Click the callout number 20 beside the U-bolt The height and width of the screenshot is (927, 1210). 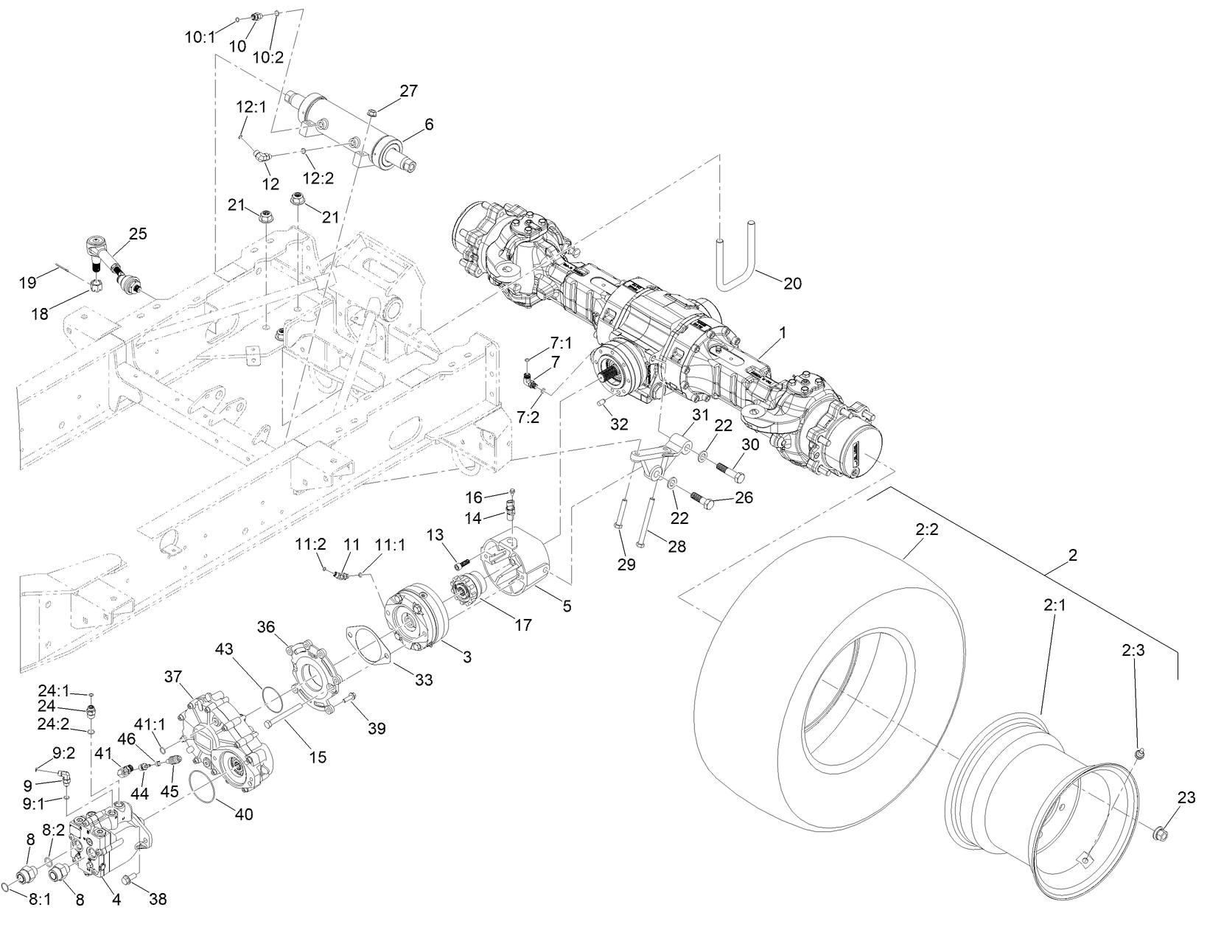[791, 283]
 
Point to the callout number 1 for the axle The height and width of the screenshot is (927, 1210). [783, 332]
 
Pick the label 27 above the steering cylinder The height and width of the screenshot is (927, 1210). [408, 91]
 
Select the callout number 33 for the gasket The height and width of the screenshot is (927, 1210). [423, 679]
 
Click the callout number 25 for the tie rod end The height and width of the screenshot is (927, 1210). [138, 234]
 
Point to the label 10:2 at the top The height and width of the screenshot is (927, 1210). [267, 57]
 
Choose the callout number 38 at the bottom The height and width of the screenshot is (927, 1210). [158, 899]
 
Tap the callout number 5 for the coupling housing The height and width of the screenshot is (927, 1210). [567, 606]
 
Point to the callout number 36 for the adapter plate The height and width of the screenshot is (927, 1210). [267, 626]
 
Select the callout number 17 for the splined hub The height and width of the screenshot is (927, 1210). [522, 625]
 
